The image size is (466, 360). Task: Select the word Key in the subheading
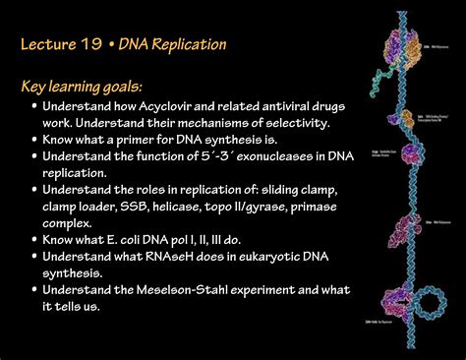35,87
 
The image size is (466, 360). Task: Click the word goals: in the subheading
144,87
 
